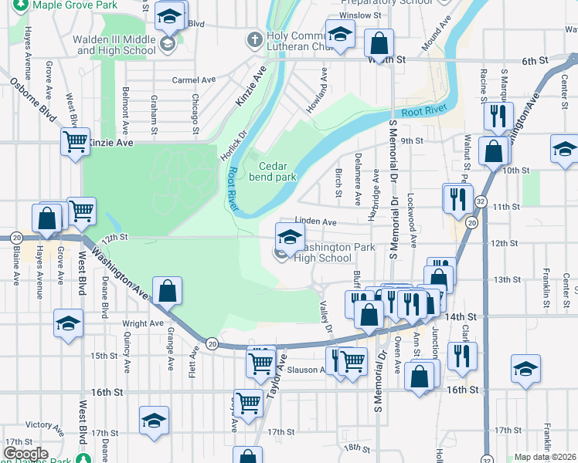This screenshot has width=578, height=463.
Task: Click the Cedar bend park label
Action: [x=272, y=171]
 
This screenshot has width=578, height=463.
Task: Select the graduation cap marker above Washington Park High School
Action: [x=290, y=236]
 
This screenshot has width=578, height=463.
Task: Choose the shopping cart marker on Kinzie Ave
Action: [x=76, y=141]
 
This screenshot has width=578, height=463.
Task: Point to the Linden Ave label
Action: [x=318, y=221]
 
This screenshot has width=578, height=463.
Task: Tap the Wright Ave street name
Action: [x=143, y=323]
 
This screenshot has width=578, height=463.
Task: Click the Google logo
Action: [x=25, y=454]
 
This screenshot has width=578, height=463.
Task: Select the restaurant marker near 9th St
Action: [x=495, y=116]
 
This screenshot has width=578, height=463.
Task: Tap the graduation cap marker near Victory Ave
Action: [x=154, y=421]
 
